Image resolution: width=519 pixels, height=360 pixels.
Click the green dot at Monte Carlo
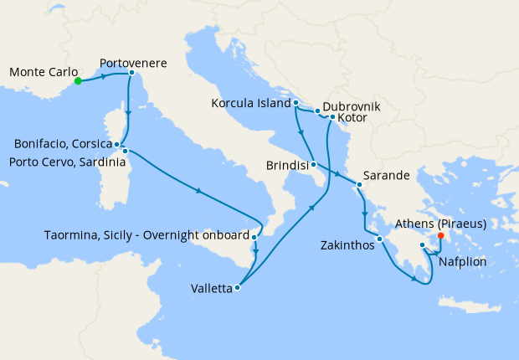(77, 81)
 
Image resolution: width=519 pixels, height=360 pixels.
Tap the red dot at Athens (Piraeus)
(441, 235)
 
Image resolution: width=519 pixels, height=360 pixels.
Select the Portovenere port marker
(131, 73)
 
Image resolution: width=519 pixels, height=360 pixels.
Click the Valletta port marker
(238, 288)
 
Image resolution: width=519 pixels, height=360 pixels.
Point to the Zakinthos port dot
(379, 239)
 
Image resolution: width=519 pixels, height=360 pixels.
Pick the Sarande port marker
(359, 184)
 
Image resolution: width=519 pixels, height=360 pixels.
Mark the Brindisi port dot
(311, 165)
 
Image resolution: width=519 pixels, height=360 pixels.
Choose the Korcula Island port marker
(296, 103)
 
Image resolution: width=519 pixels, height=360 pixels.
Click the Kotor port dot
(332, 117)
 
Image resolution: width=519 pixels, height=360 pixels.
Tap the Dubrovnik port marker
(317, 111)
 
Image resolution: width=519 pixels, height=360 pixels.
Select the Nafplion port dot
(423, 245)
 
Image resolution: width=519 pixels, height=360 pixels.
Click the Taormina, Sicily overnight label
(146, 235)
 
